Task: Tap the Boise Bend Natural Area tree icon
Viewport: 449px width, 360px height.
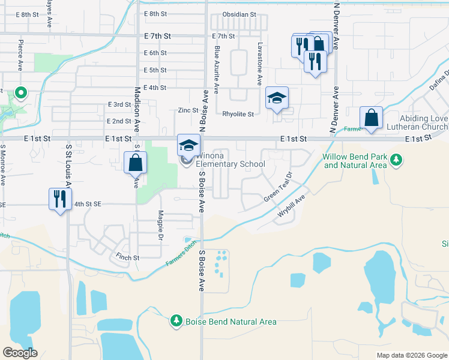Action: (x=176, y=322)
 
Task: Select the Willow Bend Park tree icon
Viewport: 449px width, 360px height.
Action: (x=396, y=159)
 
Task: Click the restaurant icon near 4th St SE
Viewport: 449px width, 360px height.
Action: (x=59, y=199)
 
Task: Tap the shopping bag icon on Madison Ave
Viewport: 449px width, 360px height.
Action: (x=135, y=162)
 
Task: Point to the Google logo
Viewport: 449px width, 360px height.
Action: (x=20, y=353)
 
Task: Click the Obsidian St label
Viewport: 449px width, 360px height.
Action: (x=239, y=14)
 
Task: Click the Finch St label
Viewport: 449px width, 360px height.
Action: (x=128, y=258)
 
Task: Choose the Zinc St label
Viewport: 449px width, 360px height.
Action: (x=188, y=110)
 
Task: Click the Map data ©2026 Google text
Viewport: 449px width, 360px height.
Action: (x=412, y=355)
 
